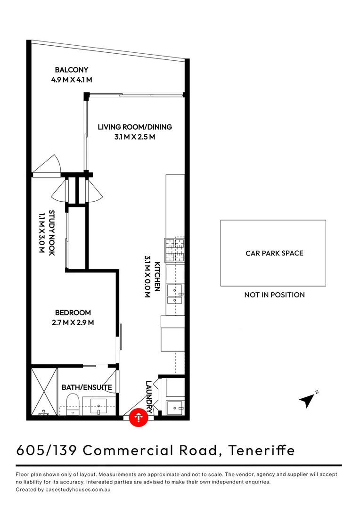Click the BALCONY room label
point(71,70)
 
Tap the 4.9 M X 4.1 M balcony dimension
point(71,80)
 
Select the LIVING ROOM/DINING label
point(135,127)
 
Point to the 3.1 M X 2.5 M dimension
point(135,137)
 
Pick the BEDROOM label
point(73,312)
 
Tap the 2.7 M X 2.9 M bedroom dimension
point(73,323)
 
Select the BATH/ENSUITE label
point(87,387)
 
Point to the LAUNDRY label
point(149,396)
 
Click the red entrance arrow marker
point(139,418)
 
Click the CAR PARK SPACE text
point(274,253)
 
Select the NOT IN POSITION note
point(274,295)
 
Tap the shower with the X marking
point(44,391)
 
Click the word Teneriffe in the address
point(262,450)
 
